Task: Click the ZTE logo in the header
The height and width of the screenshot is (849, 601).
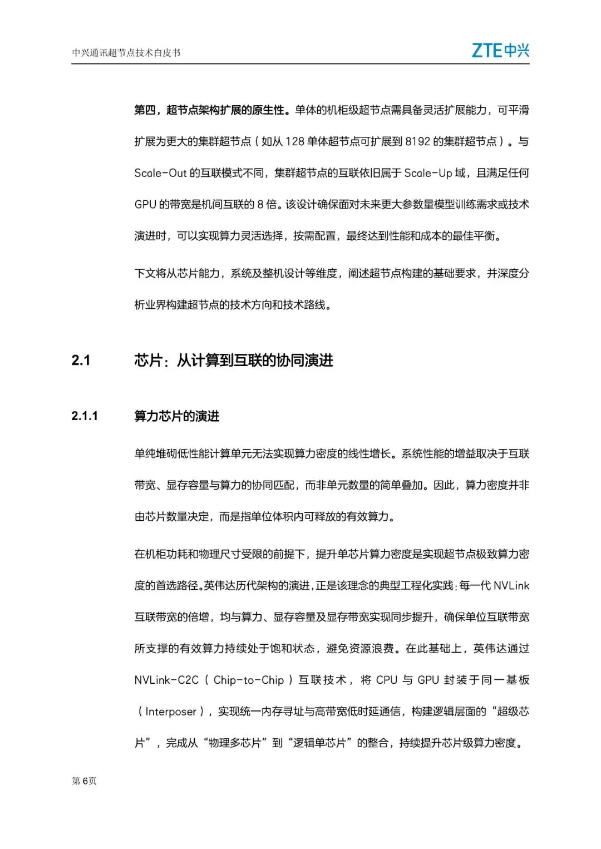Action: click(x=500, y=51)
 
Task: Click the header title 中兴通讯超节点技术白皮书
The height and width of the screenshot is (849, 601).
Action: click(x=126, y=53)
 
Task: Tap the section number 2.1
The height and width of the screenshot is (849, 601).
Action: click(x=81, y=361)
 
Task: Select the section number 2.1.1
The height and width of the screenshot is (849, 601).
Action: click(x=85, y=416)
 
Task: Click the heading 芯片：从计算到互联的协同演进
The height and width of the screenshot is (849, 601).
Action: click(x=234, y=361)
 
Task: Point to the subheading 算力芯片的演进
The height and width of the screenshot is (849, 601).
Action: click(x=177, y=416)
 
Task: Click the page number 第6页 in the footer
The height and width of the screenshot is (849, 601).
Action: click(x=84, y=781)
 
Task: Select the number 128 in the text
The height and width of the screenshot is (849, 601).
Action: click(x=295, y=141)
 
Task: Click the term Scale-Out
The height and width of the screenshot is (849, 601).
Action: click(x=160, y=173)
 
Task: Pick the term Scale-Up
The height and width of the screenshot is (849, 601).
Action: click(x=428, y=173)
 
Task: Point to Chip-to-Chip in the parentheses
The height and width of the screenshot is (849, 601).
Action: click(x=249, y=680)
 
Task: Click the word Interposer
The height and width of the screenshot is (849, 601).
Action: click(x=171, y=712)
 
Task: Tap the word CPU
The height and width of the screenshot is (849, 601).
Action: click(x=386, y=680)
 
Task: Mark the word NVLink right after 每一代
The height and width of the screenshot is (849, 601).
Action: click(x=511, y=586)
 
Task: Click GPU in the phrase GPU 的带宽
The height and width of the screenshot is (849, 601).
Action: click(x=145, y=204)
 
